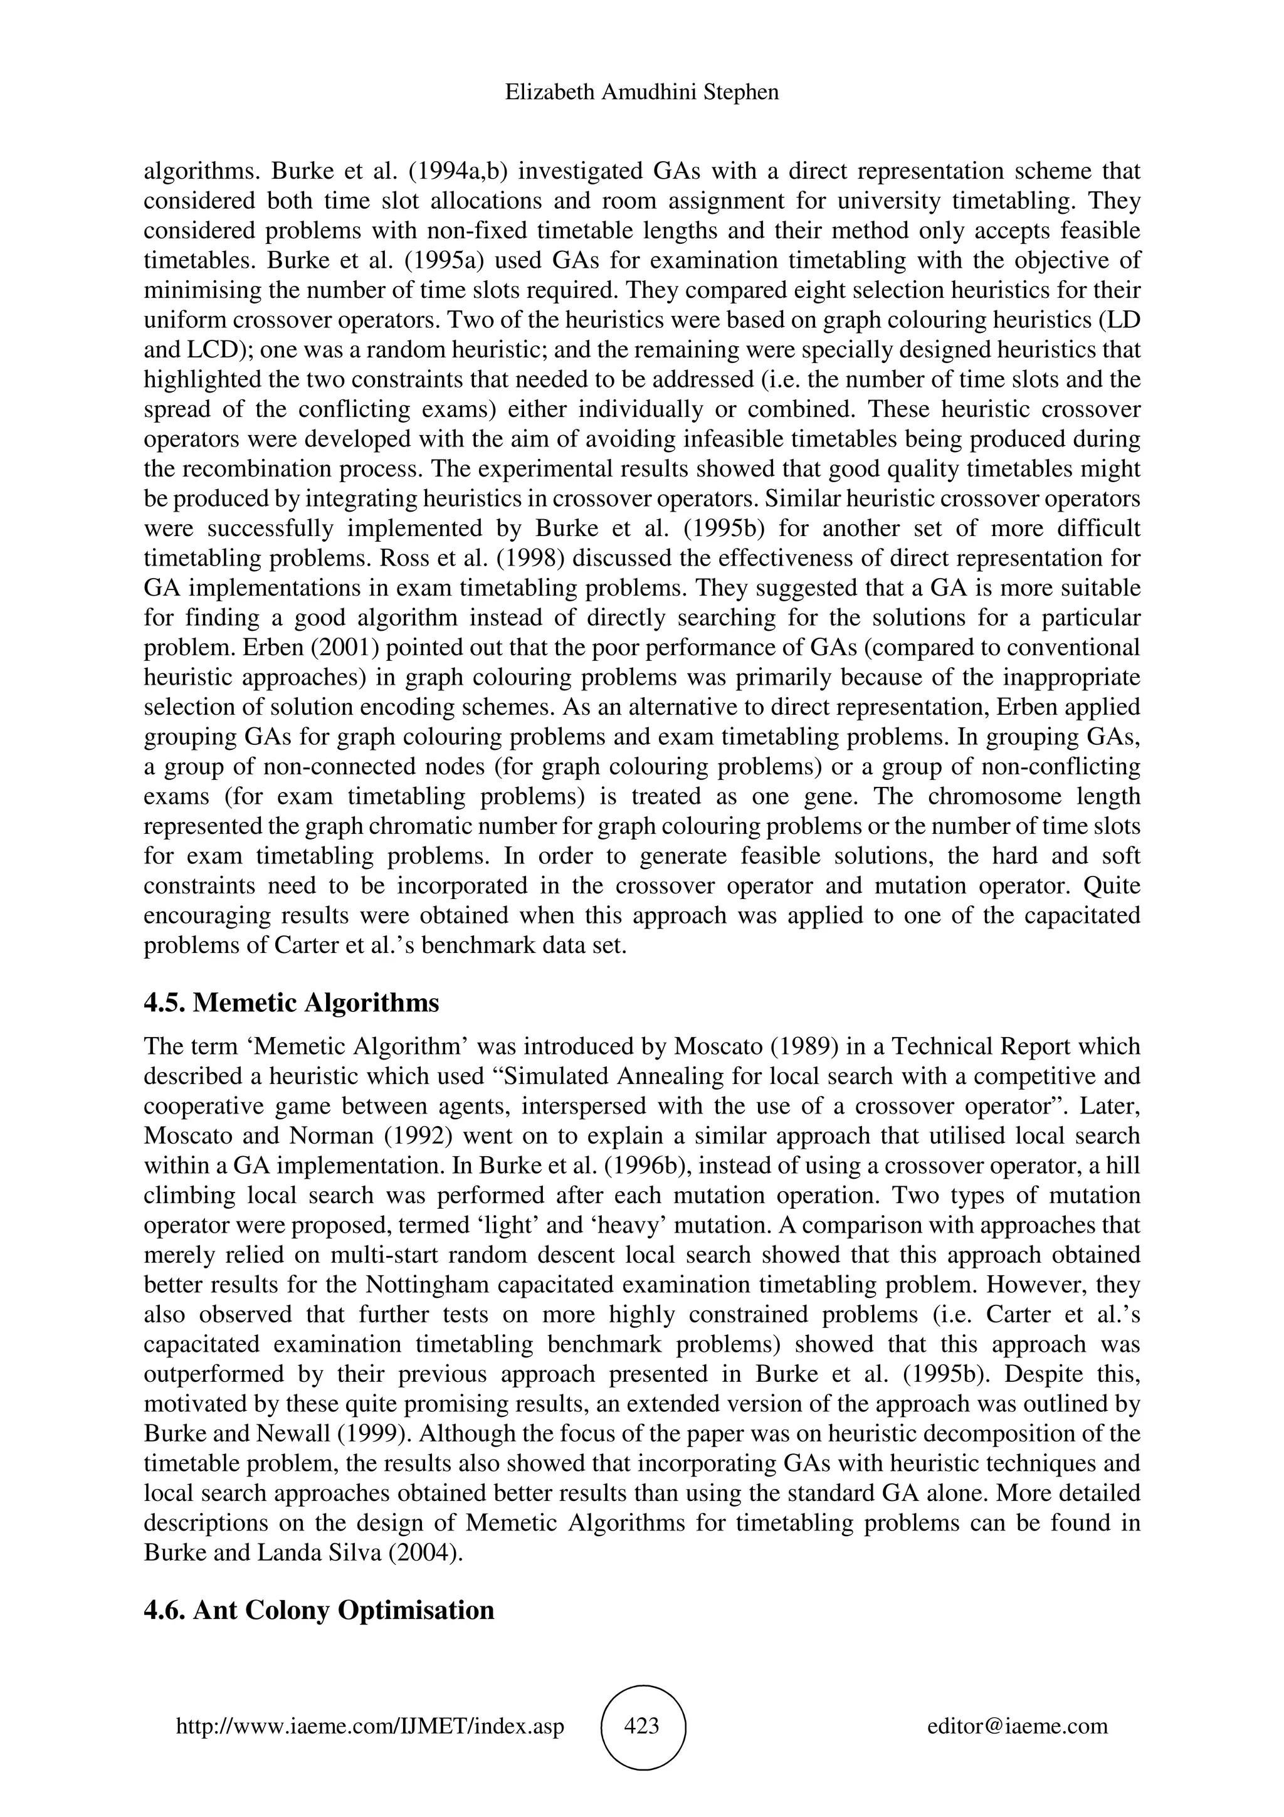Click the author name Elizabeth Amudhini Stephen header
tap(641, 93)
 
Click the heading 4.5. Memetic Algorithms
tap(291, 1003)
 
